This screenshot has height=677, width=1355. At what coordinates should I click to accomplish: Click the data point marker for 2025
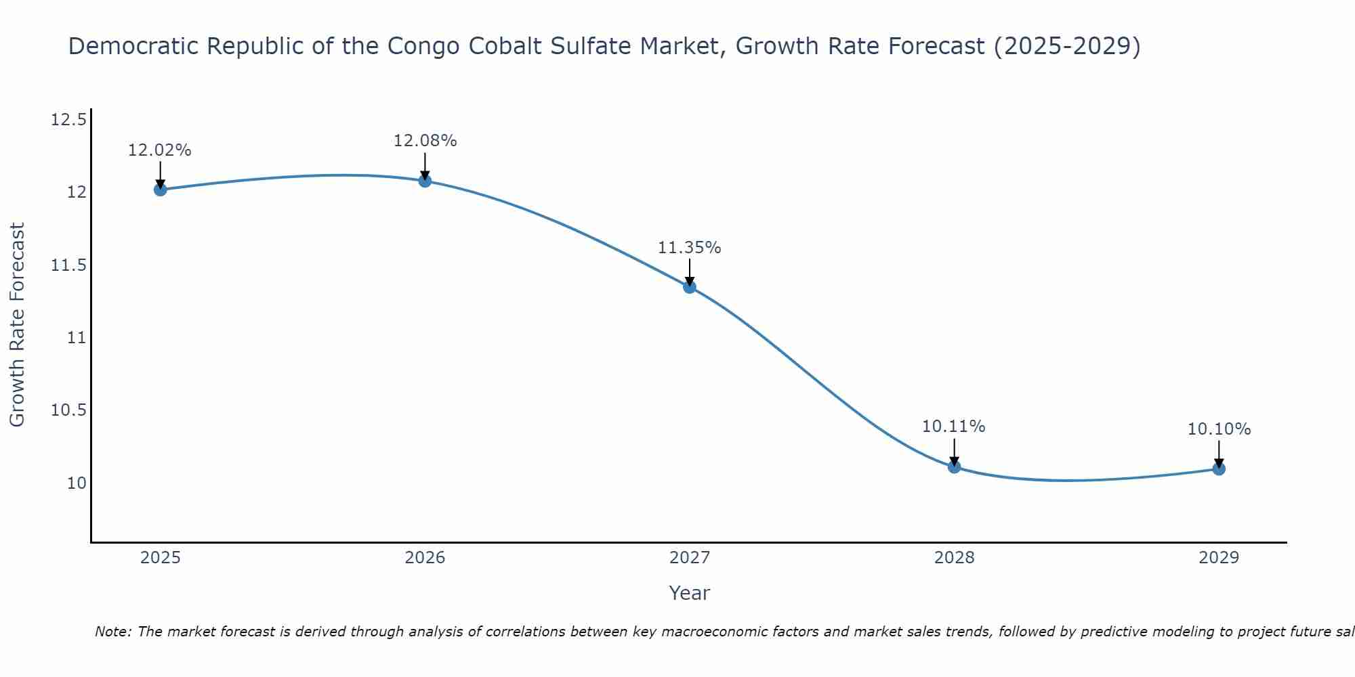tap(161, 190)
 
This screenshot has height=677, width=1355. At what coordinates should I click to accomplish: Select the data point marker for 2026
tap(425, 181)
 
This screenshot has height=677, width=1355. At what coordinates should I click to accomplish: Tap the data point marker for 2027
tap(690, 287)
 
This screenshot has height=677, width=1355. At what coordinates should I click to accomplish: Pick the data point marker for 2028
tap(954, 466)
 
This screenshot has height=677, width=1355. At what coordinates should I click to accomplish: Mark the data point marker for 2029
tap(1219, 468)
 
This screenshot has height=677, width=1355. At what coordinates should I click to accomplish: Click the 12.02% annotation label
tap(160, 150)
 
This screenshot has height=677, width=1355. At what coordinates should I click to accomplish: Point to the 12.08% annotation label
tap(425, 141)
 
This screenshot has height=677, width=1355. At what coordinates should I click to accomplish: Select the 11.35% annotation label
tap(689, 248)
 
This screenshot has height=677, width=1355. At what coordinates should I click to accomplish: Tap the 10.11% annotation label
tap(953, 427)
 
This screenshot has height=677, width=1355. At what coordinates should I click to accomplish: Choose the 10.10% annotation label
tap(1219, 429)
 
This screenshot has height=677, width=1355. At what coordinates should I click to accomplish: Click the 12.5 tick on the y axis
tap(68, 121)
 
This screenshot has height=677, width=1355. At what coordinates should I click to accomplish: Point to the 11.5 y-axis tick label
tap(68, 265)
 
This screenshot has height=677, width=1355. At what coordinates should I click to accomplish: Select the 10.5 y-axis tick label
tap(68, 411)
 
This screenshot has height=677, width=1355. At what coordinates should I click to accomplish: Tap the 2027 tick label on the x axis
tap(690, 558)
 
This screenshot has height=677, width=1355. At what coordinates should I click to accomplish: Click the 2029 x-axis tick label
tap(1219, 558)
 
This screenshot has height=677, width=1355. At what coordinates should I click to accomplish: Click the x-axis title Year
tap(689, 593)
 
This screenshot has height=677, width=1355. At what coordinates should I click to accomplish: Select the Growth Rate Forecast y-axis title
tap(17, 324)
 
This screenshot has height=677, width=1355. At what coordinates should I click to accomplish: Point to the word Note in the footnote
tap(112, 632)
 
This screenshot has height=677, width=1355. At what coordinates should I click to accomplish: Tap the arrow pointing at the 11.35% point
tap(690, 272)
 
